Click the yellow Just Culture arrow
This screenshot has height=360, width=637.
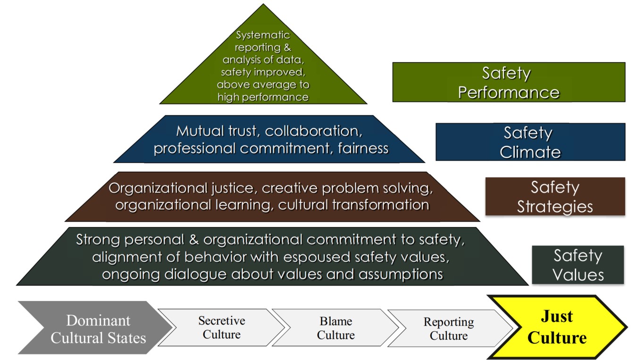[557, 327]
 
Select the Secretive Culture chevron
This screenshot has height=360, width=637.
[221, 327]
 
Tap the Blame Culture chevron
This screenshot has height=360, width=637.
[335, 328]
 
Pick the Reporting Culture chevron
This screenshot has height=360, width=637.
[448, 328]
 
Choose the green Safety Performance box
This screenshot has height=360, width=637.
[508, 83]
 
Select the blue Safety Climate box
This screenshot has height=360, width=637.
[530, 142]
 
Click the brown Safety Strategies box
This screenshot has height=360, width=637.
[554, 197]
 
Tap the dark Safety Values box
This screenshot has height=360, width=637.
[578, 265]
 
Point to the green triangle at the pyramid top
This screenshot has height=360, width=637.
[263, 66]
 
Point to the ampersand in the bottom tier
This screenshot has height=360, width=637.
[192, 240]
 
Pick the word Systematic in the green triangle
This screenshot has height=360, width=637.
[263, 35]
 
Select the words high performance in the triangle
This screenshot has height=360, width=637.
[263, 97]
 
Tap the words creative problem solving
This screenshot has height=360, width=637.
[347, 188]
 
